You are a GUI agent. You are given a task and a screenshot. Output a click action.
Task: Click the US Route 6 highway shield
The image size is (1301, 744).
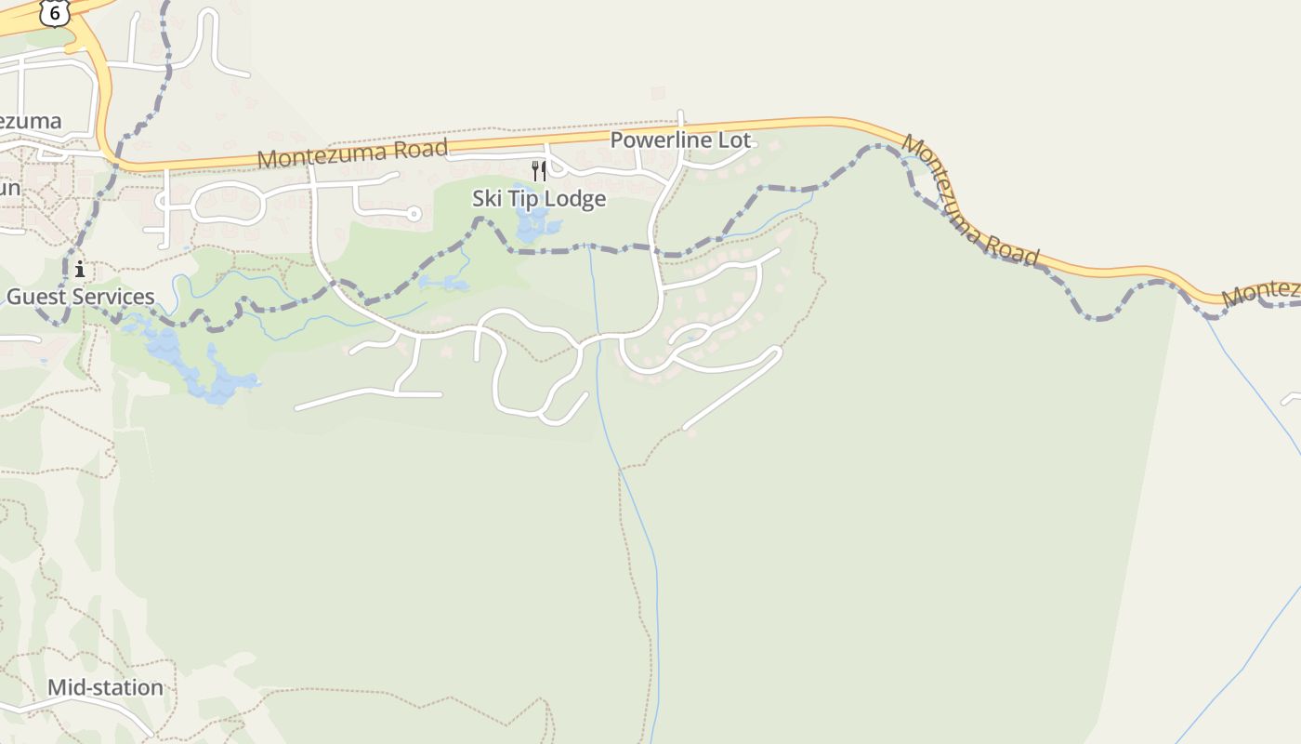tap(54, 12)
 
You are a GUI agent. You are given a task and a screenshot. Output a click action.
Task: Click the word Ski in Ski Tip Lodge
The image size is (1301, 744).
tap(488, 198)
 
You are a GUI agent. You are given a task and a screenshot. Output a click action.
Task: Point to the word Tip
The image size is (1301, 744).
tap(527, 198)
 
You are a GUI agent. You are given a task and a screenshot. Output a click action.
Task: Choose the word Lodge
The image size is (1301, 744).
tap(577, 198)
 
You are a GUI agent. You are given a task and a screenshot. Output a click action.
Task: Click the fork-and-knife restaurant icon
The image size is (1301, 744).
tap(538, 170)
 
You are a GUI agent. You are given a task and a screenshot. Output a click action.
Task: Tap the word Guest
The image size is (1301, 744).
tap(38, 297)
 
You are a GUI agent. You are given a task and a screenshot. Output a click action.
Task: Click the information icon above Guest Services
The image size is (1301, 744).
tap(80, 270)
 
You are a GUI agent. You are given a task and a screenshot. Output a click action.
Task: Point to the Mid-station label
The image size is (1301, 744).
tap(105, 687)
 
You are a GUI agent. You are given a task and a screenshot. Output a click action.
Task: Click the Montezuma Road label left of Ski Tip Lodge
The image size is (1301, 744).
tap(352, 153)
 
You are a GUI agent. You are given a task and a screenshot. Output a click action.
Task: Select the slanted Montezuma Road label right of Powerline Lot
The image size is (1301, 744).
tap(970, 201)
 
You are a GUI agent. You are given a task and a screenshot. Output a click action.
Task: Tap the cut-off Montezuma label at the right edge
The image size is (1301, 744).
tap(1262, 292)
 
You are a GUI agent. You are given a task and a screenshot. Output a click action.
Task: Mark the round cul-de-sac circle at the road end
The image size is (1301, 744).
tap(414, 214)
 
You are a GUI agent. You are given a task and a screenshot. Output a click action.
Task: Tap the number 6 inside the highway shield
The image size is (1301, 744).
tap(54, 12)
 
